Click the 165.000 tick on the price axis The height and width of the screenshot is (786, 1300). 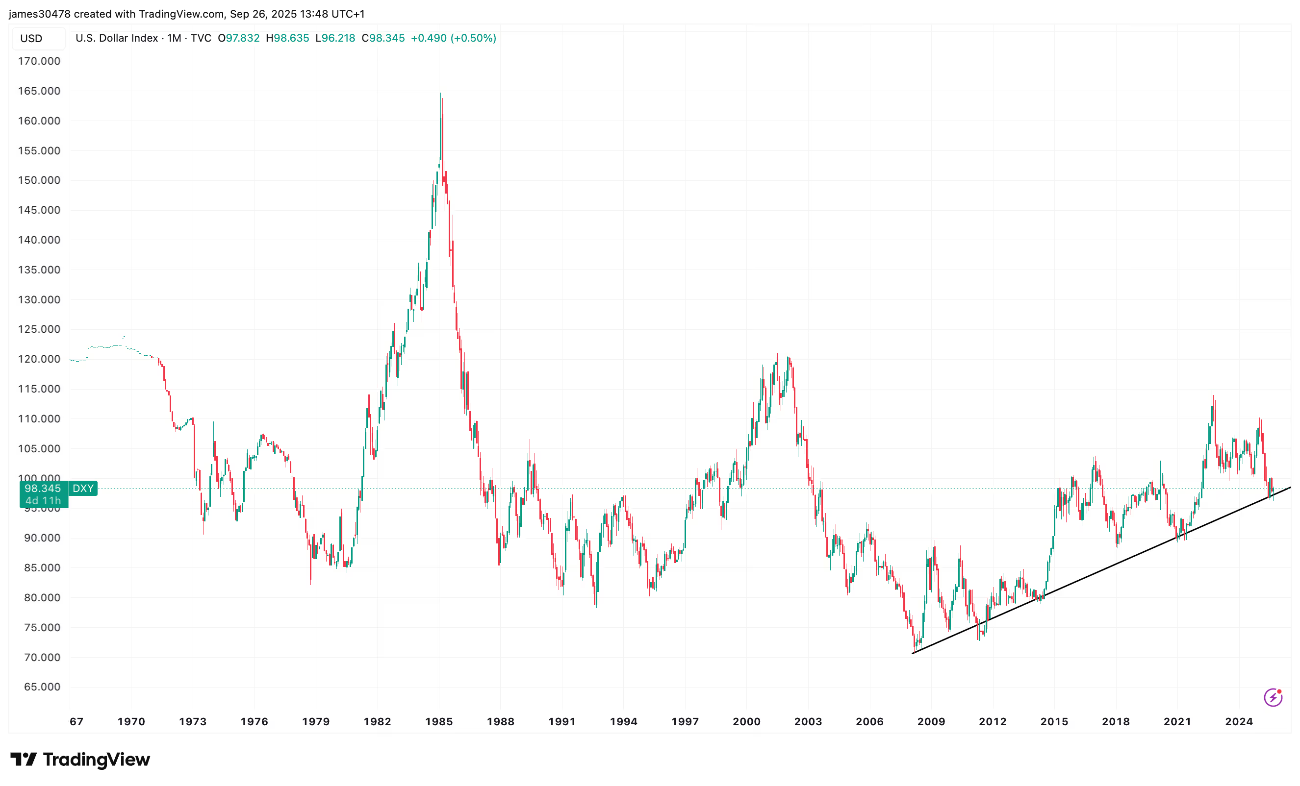(39, 91)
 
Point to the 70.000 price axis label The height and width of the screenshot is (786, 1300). (39, 658)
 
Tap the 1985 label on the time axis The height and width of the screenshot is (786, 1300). (439, 722)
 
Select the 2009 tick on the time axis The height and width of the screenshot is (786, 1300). (931, 722)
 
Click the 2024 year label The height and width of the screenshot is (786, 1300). (1239, 722)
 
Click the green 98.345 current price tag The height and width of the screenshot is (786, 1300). (43, 489)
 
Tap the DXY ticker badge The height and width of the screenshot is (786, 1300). (83, 489)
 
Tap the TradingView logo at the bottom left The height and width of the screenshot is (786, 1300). (80, 760)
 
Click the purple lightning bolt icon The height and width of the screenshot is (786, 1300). (1273, 697)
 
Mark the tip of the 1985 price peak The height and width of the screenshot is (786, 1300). (440, 94)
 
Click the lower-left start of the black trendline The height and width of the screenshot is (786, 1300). (913, 653)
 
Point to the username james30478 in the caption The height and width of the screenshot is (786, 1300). (40, 14)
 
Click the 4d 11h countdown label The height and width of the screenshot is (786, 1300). (43, 501)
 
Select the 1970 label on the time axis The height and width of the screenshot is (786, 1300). (131, 722)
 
